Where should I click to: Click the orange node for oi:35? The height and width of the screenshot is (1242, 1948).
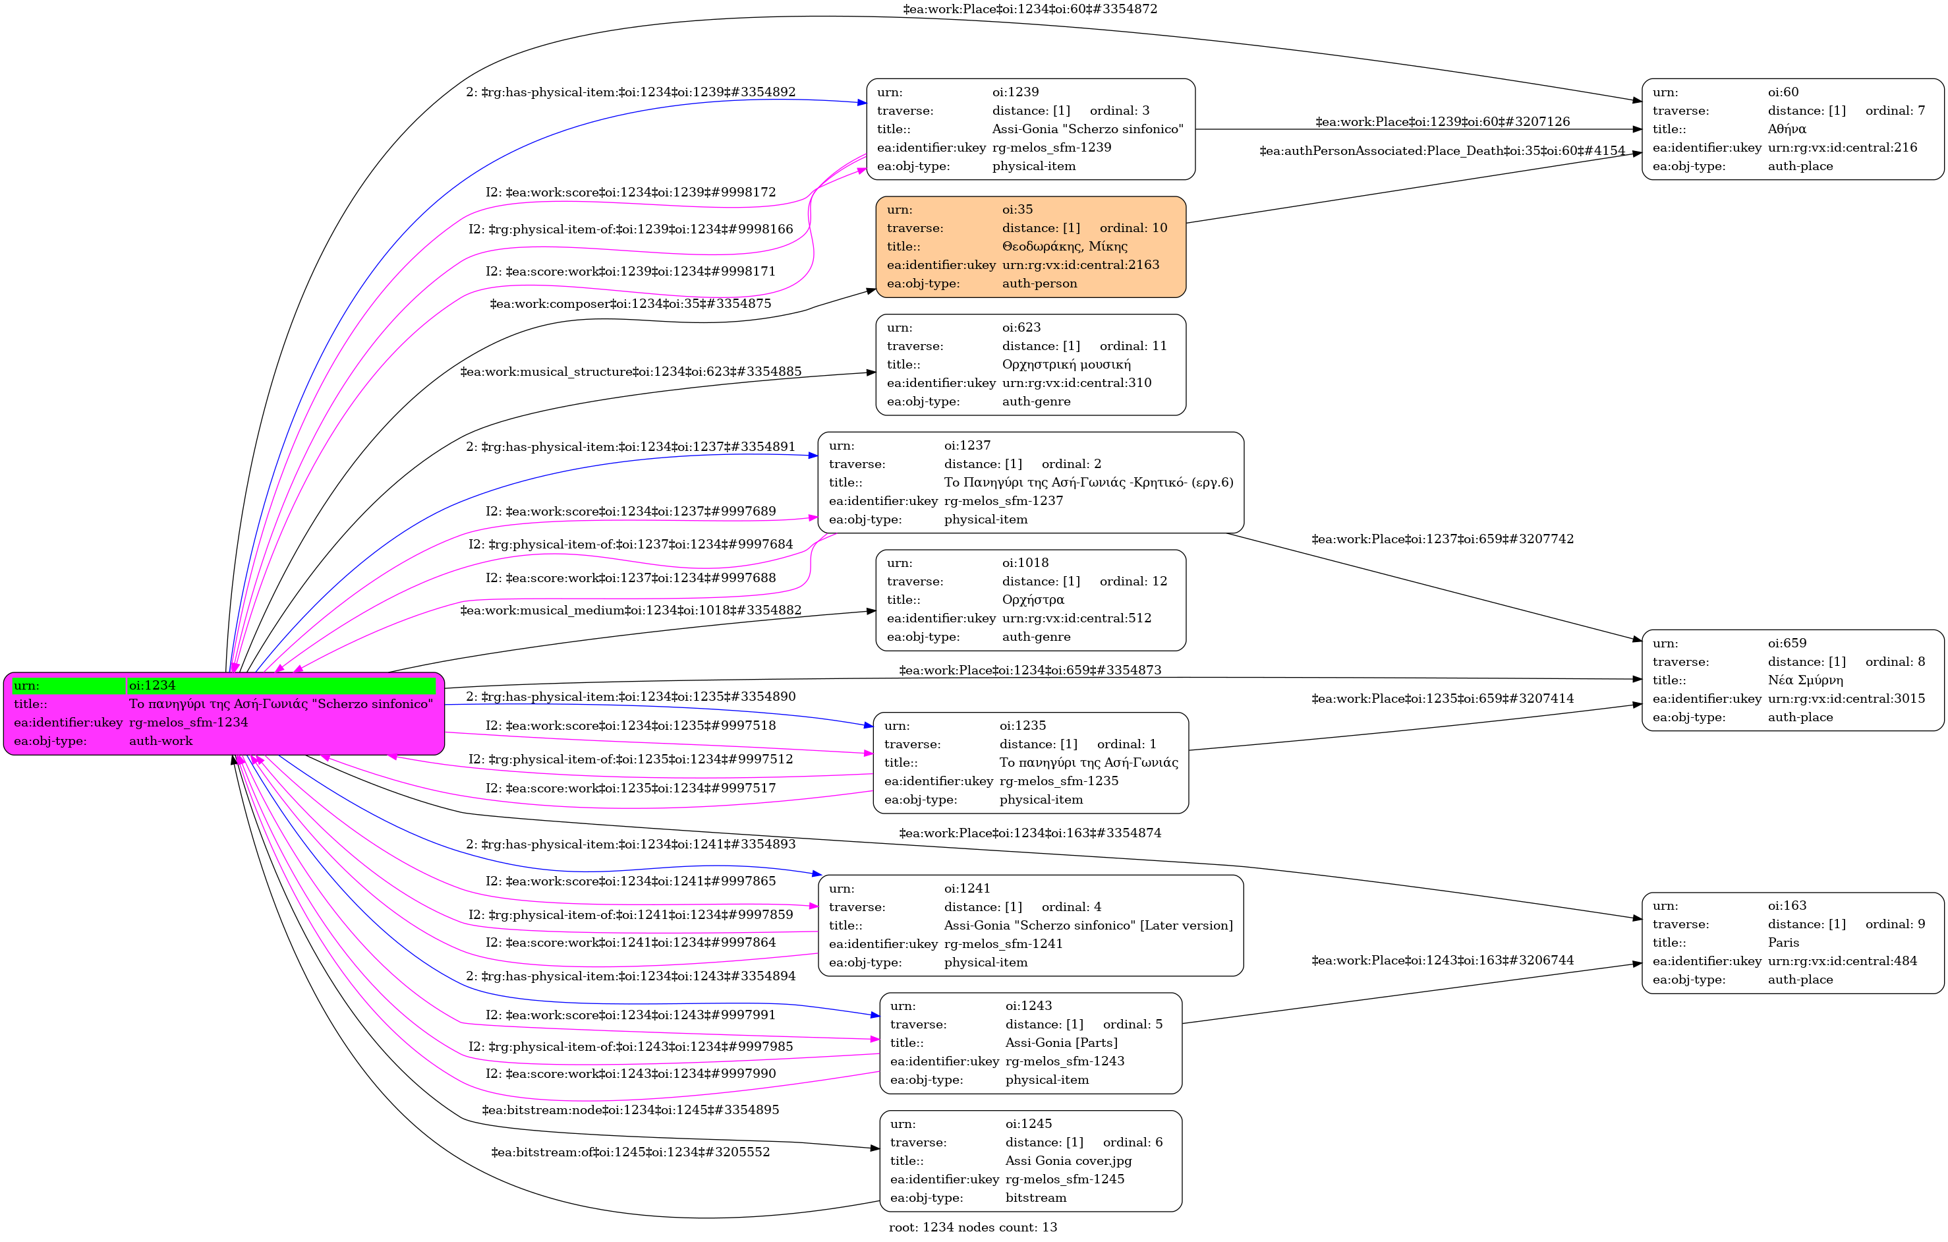tap(1031, 247)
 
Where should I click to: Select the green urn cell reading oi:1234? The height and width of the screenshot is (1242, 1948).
tap(281, 686)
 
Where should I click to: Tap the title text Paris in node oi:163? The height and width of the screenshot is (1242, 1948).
tap(1783, 943)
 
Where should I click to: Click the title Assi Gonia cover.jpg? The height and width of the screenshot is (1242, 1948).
tap(1068, 1160)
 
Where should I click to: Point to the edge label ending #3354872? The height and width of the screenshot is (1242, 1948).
tap(1030, 9)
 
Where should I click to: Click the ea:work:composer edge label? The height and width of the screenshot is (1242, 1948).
tap(630, 303)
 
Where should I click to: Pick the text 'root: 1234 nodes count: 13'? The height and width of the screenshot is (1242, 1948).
tap(973, 1227)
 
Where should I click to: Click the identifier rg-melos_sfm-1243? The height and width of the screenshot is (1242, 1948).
tap(1064, 1061)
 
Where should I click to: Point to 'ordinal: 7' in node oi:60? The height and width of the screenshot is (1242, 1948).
tap(1895, 110)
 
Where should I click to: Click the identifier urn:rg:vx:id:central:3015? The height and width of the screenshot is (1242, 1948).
tap(1846, 698)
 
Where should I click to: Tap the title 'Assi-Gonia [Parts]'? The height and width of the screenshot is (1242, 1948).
tap(1062, 1042)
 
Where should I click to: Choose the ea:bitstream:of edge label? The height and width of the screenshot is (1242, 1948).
tap(630, 1152)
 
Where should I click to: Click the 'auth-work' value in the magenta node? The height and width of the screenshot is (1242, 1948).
tap(161, 740)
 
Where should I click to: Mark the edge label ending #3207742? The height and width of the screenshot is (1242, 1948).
tap(1443, 539)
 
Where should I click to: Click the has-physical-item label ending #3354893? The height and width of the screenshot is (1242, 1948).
tap(630, 844)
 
